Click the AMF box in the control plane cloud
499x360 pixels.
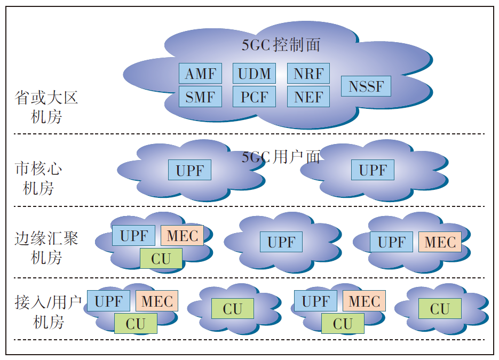(200, 74)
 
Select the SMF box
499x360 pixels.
(200, 97)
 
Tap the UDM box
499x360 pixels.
(254, 74)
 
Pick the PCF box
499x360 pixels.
(254, 97)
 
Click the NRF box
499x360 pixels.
(308, 74)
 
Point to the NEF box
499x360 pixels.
(308, 97)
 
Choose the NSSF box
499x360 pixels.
(366, 86)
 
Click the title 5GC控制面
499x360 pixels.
(281, 45)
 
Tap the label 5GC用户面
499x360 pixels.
(281, 157)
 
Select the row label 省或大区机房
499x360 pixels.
(46, 107)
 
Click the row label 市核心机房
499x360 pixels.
(38, 179)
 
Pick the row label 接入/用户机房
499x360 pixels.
(48, 312)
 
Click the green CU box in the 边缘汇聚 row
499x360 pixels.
(161, 259)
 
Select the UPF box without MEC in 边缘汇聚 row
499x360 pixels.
(281, 242)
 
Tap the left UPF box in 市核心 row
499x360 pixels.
(190, 170)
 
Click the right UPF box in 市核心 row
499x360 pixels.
(373, 170)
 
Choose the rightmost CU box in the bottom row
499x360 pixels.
(440, 309)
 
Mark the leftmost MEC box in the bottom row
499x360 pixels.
(157, 301)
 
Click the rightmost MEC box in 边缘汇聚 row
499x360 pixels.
(440, 242)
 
